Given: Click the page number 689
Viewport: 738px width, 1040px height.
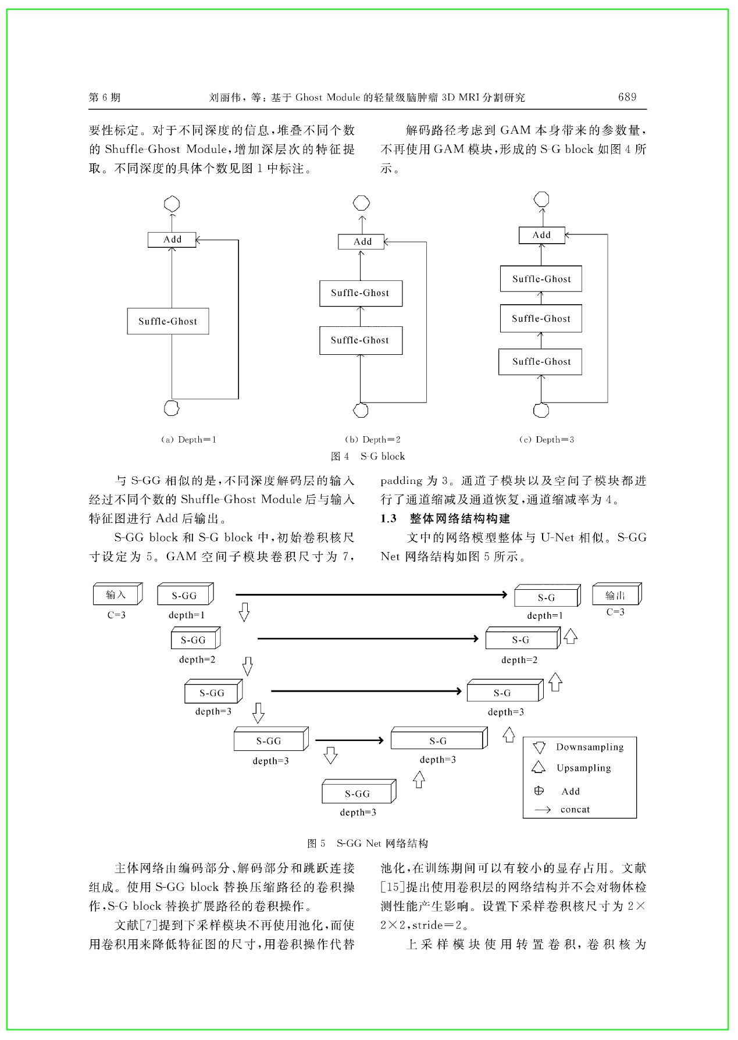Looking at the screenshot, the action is click(627, 97).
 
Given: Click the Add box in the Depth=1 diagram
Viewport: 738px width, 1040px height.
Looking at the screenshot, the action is click(172, 240).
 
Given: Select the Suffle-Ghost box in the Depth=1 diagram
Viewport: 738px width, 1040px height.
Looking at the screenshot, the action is click(168, 321).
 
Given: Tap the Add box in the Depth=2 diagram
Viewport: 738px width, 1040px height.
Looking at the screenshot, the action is click(361, 241).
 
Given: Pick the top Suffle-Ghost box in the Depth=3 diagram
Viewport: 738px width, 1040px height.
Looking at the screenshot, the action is click(541, 279).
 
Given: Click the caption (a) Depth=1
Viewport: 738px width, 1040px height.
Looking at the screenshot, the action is click(188, 440).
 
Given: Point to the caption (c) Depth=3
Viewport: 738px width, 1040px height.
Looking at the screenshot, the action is click(547, 440).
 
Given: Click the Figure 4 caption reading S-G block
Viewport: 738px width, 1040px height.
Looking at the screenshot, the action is click(368, 457).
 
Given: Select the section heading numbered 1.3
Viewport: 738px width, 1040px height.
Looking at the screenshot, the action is click(445, 518).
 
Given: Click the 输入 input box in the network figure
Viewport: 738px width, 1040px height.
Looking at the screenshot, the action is click(117, 594).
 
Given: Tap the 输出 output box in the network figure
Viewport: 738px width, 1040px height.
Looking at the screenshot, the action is click(616, 594).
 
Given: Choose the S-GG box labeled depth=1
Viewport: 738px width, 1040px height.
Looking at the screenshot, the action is click(186, 594).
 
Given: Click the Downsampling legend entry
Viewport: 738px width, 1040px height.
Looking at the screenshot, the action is click(578, 747).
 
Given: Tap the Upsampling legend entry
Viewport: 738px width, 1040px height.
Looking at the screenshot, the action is click(572, 768).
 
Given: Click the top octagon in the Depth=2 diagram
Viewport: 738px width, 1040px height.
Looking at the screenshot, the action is click(361, 203).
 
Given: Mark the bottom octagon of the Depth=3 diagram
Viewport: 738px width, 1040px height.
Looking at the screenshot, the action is click(541, 410).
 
